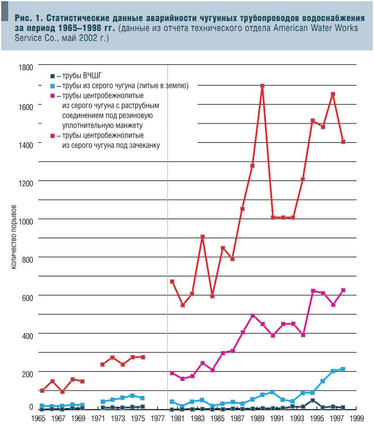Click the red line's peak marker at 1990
pos(262,86)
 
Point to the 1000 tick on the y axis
pos(25,220)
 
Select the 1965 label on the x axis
pos(39,419)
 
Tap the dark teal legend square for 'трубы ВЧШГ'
pos(53,76)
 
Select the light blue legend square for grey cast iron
pos(53,85)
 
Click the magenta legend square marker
pos(53,95)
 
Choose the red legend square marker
pos(53,135)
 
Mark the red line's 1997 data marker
pos(333,94)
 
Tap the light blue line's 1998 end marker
pos(343,369)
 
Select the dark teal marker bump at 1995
pos(313,401)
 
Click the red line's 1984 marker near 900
pos(202,237)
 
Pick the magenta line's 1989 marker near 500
pos(252,316)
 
